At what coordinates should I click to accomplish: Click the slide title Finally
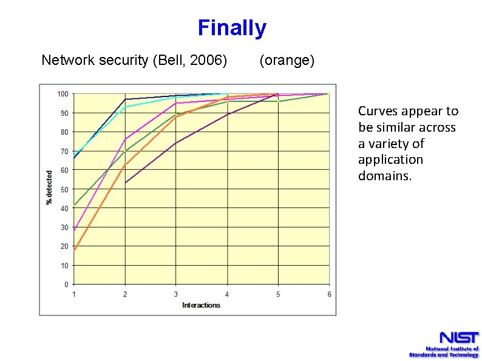tap(232, 28)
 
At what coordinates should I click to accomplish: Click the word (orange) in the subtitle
tap(287, 61)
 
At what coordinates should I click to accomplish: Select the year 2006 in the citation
tap(209, 61)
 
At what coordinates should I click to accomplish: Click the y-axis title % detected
tap(50, 187)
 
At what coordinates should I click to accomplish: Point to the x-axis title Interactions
tap(201, 305)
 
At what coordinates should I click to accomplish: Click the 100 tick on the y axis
tap(63, 93)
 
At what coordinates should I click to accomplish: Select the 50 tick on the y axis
tap(64, 189)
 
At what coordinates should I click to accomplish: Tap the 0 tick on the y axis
tap(66, 285)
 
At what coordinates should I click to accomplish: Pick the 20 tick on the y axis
tap(64, 246)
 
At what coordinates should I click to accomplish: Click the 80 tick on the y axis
tap(64, 132)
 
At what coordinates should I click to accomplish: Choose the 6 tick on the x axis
tap(329, 294)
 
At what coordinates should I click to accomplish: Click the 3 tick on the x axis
tap(176, 294)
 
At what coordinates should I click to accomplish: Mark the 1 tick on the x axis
tap(74, 294)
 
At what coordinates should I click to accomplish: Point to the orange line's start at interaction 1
tap(74, 249)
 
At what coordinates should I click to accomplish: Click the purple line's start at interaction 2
tap(125, 183)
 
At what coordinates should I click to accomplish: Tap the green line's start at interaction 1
tap(74, 205)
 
